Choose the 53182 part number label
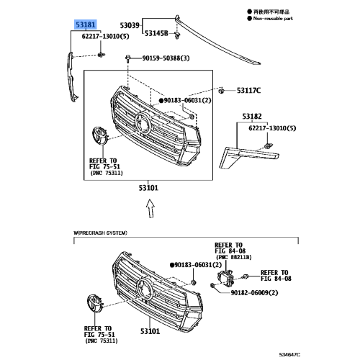[252, 116]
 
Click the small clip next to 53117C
[221, 91]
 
